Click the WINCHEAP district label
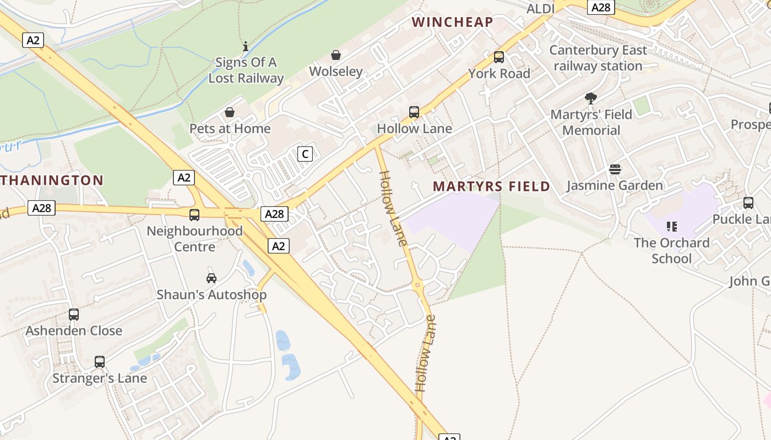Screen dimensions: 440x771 tap(452, 22)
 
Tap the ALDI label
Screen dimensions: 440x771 tap(540, 9)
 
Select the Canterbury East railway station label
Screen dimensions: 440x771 tap(598, 58)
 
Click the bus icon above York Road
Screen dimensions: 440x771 tap(499, 57)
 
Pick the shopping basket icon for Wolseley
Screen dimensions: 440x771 tap(336, 55)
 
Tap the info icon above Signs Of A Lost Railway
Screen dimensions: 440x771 tap(246, 46)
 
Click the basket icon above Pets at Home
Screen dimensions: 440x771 tap(230, 112)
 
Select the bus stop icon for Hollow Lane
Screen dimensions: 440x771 tap(414, 112)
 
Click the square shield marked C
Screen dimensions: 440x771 tap(305, 154)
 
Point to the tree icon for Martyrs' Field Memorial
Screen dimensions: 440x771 tap(591, 98)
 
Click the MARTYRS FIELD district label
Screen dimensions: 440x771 tap(491, 186)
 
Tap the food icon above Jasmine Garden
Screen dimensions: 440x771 tap(615, 169)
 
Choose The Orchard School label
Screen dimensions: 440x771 tap(671, 250)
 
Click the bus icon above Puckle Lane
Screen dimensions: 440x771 tap(748, 203)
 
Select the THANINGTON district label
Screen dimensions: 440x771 tap(52, 180)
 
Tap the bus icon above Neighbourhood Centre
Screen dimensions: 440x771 tap(194, 215)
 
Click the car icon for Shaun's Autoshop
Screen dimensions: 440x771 tap(211, 278)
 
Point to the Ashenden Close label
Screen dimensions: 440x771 tap(74, 331)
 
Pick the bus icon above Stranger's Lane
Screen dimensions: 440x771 tap(100, 362)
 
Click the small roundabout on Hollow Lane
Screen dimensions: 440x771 tap(417, 285)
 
